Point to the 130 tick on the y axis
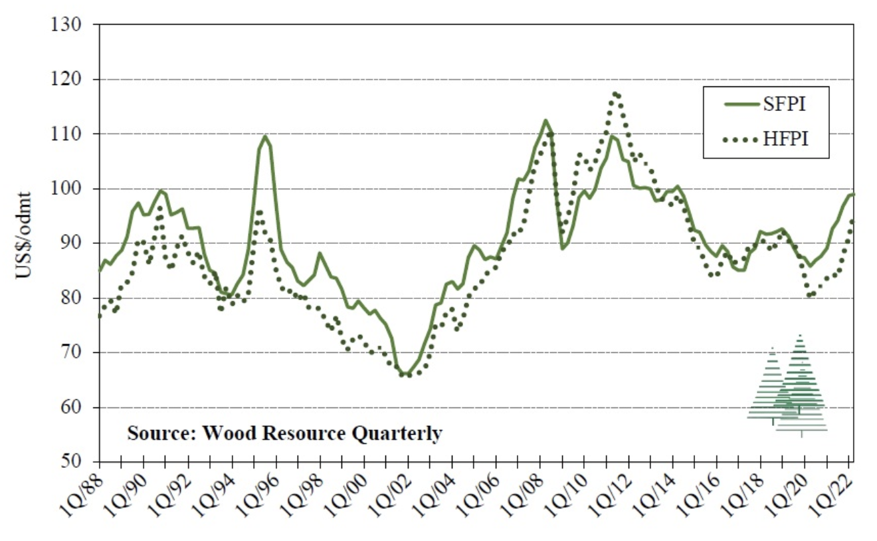point(66,25)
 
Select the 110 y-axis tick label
point(66,134)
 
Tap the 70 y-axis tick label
point(71,353)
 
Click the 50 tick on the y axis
point(71,462)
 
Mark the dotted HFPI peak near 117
point(615,94)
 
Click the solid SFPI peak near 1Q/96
point(264,136)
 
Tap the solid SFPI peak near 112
point(545,120)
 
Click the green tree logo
point(789,385)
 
